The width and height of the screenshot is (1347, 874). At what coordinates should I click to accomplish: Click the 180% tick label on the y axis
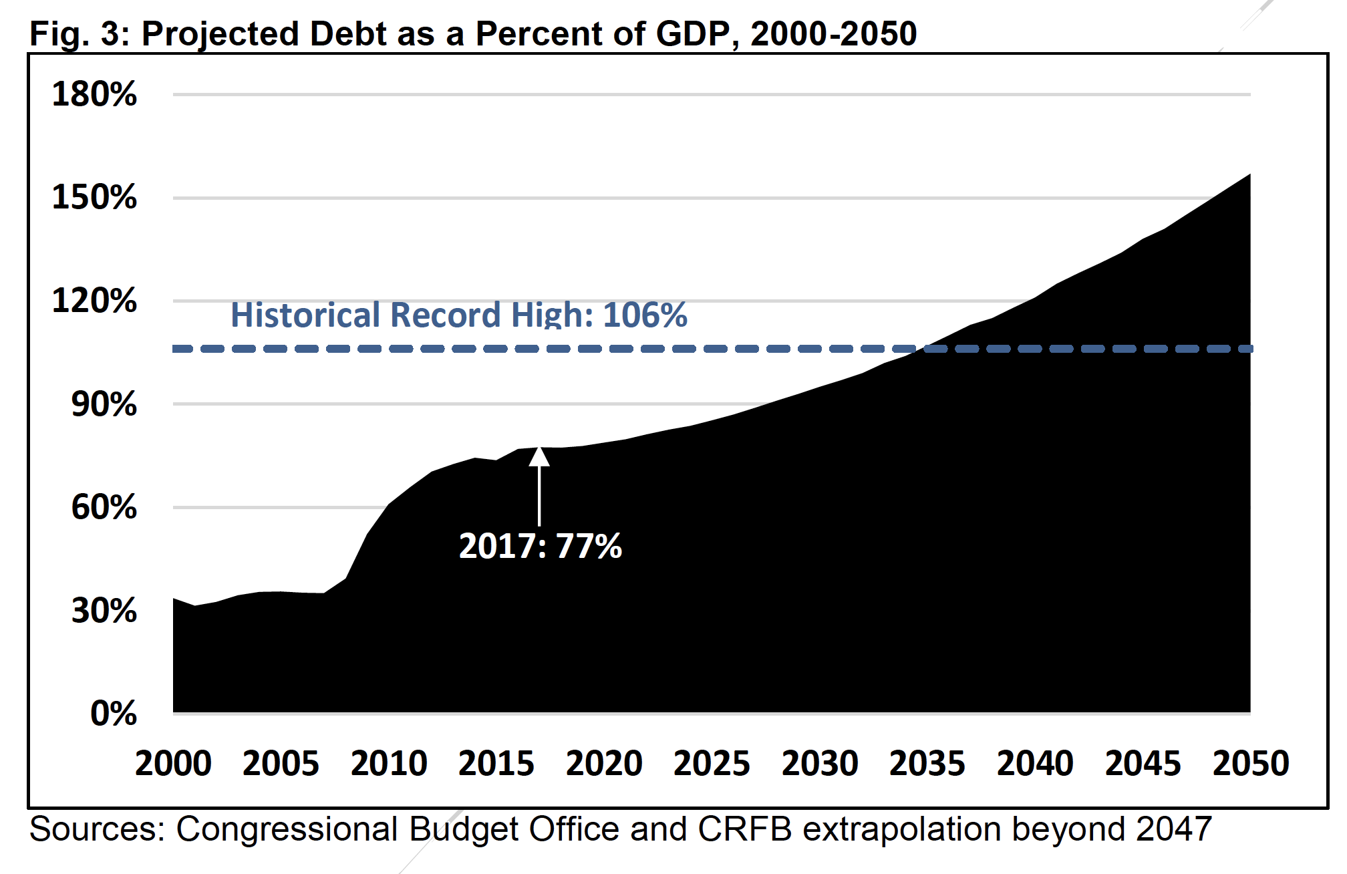[94, 94]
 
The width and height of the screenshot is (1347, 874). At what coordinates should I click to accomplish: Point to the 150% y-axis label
[94, 198]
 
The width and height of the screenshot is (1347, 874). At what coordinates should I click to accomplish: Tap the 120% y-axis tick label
[94, 301]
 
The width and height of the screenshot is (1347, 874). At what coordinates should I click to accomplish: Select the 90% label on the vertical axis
[104, 405]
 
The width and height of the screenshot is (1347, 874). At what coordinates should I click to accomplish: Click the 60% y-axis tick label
[104, 508]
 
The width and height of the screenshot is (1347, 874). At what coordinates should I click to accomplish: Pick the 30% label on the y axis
[104, 611]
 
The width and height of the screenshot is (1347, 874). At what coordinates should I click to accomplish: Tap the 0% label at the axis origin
[114, 714]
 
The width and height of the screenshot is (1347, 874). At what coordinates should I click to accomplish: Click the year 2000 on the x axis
[173, 764]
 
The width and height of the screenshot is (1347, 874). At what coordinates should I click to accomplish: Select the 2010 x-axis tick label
[389, 764]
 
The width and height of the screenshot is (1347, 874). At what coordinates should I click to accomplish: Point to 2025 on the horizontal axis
[712, 764]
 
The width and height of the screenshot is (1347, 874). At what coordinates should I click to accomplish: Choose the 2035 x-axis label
[927, 764]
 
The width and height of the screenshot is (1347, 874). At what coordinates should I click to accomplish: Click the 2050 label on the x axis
[1251, 764]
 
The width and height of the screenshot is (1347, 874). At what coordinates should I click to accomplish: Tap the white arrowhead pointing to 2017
[539, 456]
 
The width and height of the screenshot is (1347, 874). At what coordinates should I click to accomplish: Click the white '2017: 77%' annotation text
[540, 547]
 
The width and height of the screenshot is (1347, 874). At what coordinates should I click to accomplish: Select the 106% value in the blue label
[645, 315]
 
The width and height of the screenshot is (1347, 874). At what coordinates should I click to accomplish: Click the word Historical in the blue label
[308, 315]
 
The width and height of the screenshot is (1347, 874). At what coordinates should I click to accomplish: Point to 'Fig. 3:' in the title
[80, 34]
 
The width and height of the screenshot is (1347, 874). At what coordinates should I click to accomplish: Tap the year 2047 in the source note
[1174, 829]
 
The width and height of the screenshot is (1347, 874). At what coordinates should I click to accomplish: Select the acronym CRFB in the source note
[745, 829]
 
